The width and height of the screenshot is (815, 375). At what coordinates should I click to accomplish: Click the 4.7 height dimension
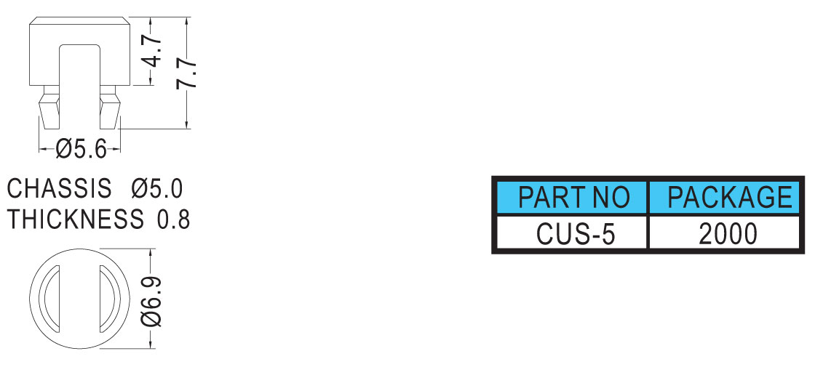[154, 51]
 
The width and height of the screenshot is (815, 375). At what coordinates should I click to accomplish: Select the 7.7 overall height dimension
[187, 73]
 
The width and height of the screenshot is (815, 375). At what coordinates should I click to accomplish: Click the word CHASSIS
[59, 188]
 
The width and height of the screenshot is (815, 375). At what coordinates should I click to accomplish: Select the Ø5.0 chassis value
[157, 188]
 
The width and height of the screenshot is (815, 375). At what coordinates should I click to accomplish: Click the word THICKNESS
[75, 219]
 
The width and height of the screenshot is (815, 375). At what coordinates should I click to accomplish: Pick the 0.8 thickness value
[174, 219]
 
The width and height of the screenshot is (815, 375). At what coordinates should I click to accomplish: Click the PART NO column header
[574, 198]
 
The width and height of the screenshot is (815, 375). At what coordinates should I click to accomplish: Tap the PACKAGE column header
[730, 197]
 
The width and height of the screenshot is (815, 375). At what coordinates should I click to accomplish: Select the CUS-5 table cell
[576, 234]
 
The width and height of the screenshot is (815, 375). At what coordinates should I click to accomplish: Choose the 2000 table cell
[728, 234]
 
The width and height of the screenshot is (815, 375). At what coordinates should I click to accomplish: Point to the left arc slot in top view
[49, 299]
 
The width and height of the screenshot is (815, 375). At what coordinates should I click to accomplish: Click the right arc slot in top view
[110, 299]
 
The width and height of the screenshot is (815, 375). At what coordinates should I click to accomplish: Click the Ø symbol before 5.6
[63, 150]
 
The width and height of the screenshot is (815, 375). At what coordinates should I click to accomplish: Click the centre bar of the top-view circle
[79, 299]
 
